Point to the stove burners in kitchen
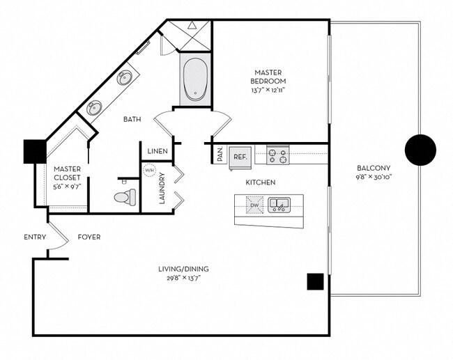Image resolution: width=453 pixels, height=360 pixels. [x=277, y=155]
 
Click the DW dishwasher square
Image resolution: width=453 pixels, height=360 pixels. [x=254, y=205]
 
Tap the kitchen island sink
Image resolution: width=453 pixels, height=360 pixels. [x=281, y=205]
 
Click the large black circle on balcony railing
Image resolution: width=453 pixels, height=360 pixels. [x=420, y=148]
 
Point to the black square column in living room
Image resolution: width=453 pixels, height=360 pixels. [x=315, y=281]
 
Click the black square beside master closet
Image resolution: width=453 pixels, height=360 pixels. [x=34, y=151]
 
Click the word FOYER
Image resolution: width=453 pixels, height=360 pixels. [x=89, y=237]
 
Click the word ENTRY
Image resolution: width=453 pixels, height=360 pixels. [x=35, y=237]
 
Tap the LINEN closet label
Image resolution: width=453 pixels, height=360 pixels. [x=155, y=151]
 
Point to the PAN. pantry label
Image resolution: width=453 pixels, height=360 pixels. [x=220, y=155]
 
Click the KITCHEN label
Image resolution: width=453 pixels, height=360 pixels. [x=260, y=182]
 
